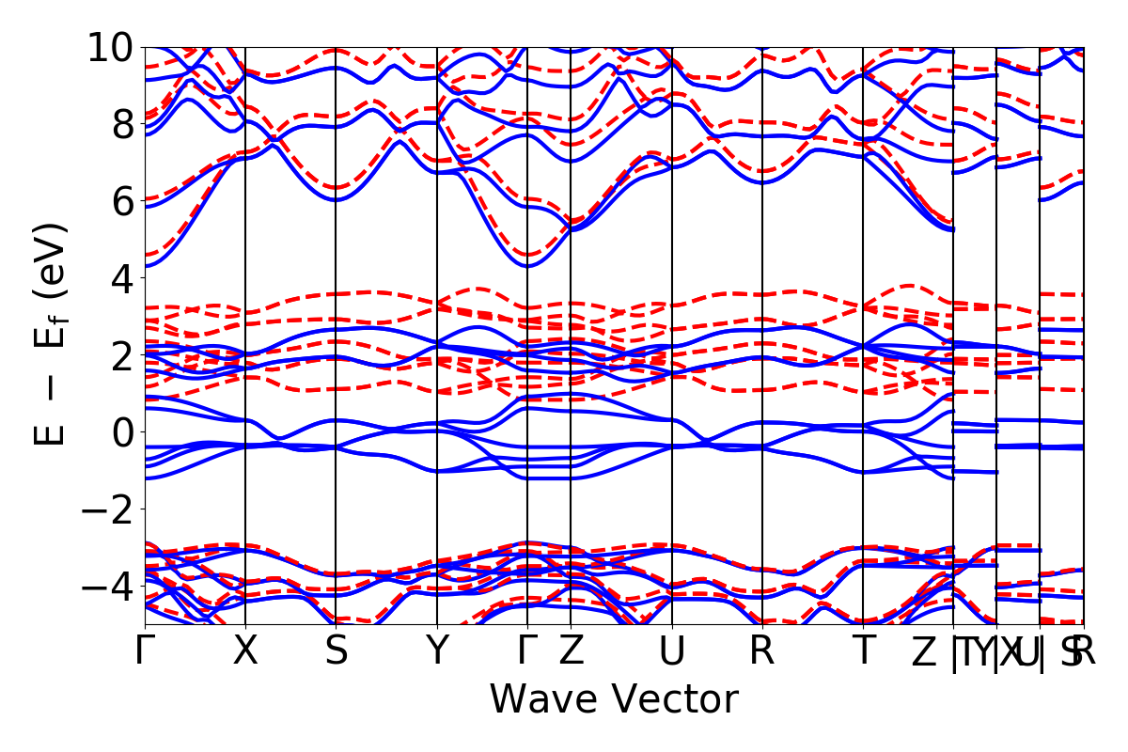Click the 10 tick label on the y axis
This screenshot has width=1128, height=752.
coord(111,47)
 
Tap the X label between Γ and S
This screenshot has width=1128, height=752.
coord(245,650)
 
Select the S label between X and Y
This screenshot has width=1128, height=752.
coord(337,650)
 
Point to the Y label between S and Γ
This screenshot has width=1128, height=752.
coord(437,650)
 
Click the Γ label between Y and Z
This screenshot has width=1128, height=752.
coord(527,650)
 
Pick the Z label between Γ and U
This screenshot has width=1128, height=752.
coord(571,650)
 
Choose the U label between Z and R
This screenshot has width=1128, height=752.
coord(671,650)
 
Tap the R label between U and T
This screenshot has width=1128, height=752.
coord(761,650)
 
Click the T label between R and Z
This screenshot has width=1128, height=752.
coord(863,650)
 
